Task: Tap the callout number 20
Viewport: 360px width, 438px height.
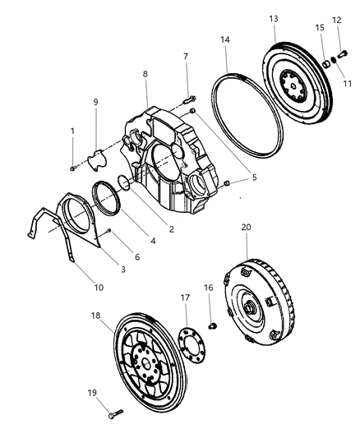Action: [x=246, y=228]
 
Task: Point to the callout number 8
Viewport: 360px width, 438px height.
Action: [x=145, y=74]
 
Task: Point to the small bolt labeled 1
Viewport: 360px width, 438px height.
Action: [x=72, y=168]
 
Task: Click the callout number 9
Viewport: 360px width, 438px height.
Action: [x=96, y=102]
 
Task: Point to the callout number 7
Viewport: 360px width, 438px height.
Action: [x=186, y=57]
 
